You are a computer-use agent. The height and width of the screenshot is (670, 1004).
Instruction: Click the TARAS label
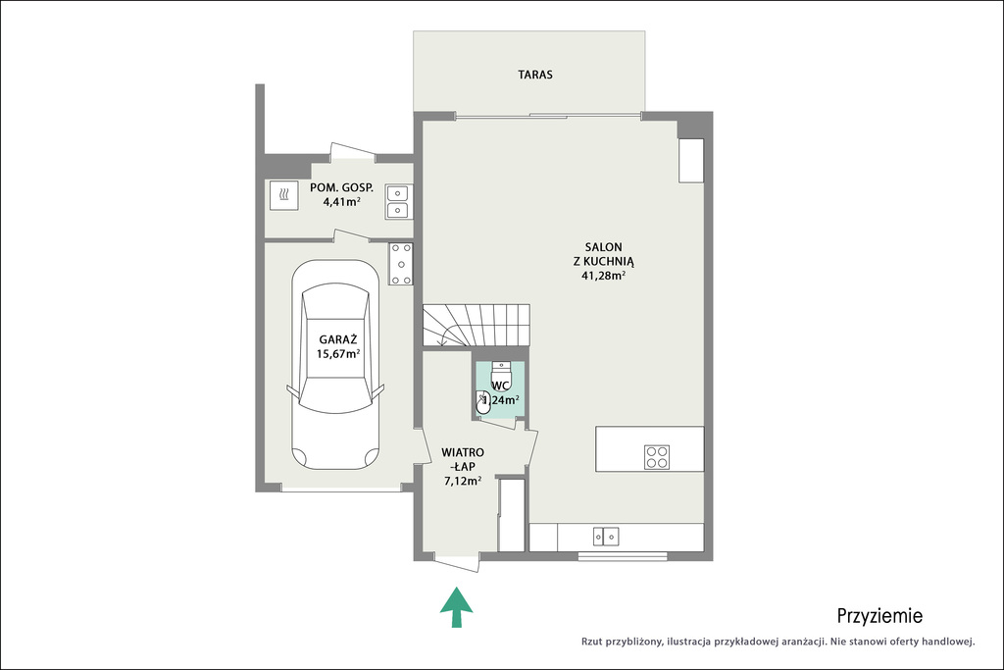pyautogui.click(x=535, y=75)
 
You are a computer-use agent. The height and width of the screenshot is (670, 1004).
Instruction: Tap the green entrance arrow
pyautogui.click(x=457, y=606)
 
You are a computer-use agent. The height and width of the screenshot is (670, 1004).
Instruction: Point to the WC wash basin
pyautogui.click(x=483, y=402)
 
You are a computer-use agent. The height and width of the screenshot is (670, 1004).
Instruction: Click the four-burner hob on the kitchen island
pyautogui.click(x=657, y=457)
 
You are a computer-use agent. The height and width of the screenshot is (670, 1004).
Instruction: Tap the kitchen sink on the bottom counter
pyautogui.click(x=606, y=537)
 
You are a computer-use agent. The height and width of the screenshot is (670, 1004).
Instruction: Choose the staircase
pyautogui.click(x=476, y=326)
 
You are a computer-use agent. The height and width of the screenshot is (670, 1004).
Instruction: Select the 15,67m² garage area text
pyautogui.click(x=338, y=354)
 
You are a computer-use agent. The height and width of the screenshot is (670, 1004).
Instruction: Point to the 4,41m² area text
pyautogui.click(x=341, y=202)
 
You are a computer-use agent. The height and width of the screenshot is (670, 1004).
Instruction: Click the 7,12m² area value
pyautogui.click(x=463, y=481)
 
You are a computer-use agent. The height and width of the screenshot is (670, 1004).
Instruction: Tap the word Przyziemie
pyautogui.click(x=879, y=616)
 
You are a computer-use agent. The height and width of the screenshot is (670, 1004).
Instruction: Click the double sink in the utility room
pyautogui.click(x=399, y=202)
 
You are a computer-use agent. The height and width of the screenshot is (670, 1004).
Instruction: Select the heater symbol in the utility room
pyautogui.click(x=283, y=195)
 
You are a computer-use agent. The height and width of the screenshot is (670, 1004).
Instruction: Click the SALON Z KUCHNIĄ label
pyautogui.click(x=603, y=254)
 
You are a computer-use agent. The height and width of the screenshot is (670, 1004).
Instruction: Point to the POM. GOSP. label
pyautogui.click(x=341, y=187)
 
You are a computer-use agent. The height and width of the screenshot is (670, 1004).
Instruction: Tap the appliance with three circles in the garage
pyautogui.click(x=401, y=264)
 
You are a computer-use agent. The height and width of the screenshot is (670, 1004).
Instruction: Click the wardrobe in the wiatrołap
pyautogui.click(x=512, y=514)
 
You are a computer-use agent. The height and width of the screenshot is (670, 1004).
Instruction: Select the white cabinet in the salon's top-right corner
pyautogui.click(x=691, y=160)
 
